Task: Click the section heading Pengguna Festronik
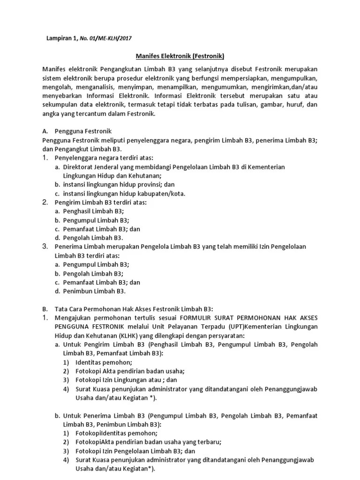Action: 82,131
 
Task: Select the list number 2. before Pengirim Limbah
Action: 45,202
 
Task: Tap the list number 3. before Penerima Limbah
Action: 45,246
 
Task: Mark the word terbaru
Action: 207,442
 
